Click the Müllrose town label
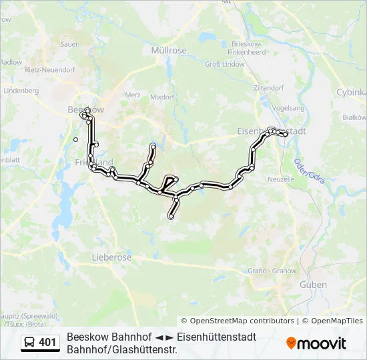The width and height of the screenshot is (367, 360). (168, 50)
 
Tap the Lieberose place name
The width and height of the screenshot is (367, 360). (111, 257)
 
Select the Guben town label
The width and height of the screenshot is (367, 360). (313, 285)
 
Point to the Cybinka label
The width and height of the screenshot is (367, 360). (351, 93)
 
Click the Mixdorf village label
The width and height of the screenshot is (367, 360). (162, 97)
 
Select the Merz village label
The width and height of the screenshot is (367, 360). (133, 95)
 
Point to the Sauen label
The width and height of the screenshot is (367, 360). (70, 44)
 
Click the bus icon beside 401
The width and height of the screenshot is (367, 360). (30, 343)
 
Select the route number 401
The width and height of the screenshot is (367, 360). (48, 343)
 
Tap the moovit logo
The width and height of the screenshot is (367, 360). (316, 343)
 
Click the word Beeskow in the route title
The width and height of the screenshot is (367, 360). (87, 337)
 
